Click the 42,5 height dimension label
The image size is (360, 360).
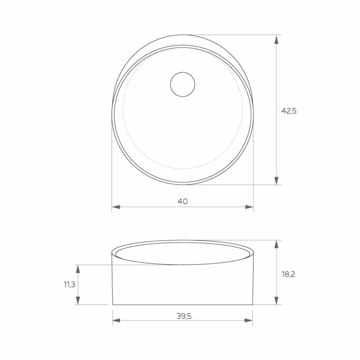(x=288, y=111)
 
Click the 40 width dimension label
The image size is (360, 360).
(x=183, y=201)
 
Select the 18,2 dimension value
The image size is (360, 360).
(x=288, y=274)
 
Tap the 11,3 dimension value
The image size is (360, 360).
(x=69, y=285)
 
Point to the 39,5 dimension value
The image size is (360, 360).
(x=183, y=316)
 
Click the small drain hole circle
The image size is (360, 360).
(x=183, y=84)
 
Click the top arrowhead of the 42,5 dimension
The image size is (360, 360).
(x=277, y=39)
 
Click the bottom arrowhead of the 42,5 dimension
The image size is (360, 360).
(x=277, y=181)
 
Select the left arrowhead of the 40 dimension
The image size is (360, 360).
(x=116, y=207)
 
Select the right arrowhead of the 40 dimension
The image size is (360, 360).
(x=249, y=207)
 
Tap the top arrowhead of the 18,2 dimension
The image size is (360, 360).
(x=277, y=244)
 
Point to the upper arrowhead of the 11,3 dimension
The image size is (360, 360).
(x=78, y=269)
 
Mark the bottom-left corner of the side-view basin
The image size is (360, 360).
(x=113, y=305)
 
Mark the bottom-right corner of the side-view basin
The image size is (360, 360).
(x=253, y=305)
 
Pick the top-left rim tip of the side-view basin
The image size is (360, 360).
(x=112, y=252)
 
